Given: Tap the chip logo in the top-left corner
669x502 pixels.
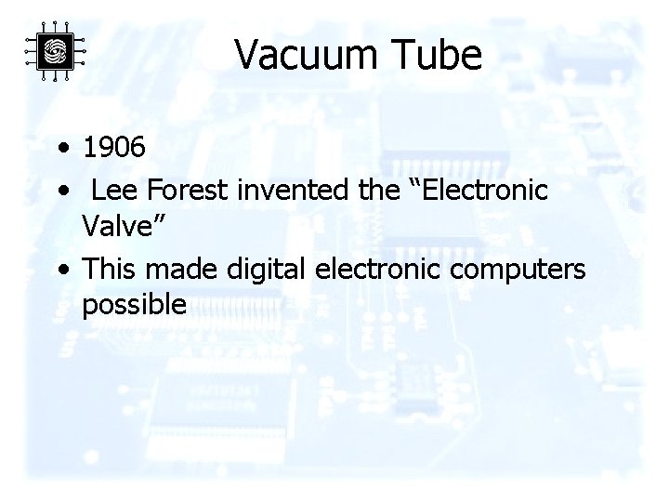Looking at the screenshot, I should (55, 50).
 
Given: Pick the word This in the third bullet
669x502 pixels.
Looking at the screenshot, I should (108, 269).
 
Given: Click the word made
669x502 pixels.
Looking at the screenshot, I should (177, 269).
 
